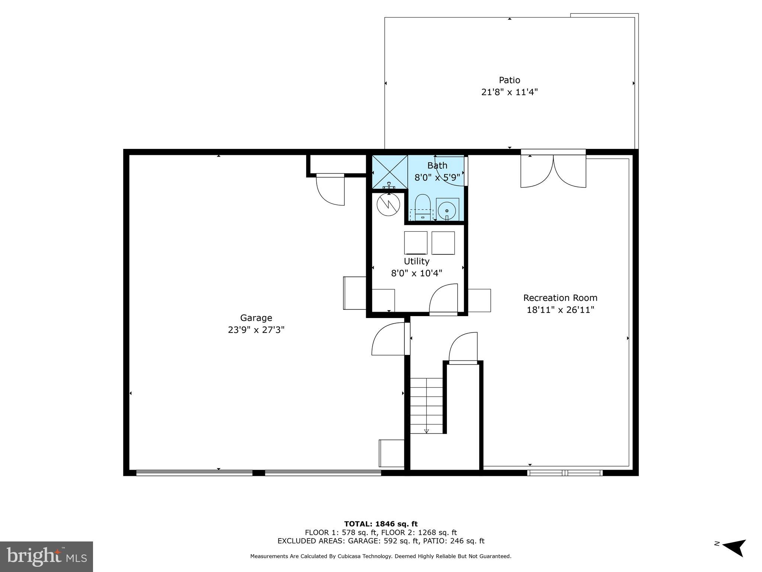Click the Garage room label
pos(256,318)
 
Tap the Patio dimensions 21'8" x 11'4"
pos(509,92)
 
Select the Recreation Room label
pos(560,298)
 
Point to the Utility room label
pos(416,261)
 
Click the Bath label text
pos(437,165)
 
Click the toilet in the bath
pos(422,207)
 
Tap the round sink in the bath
pos(447,211)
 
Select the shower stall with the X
pos(390,172)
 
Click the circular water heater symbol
pos(388,204)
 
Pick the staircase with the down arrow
pos(426,406)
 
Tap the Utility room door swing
pos(444,299)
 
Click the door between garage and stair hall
pos(389,339)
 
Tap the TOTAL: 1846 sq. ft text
pos(381,524)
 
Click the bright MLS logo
pos(47,556)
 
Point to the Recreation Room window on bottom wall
pos(565,473)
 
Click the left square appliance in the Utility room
pos(416,243)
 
